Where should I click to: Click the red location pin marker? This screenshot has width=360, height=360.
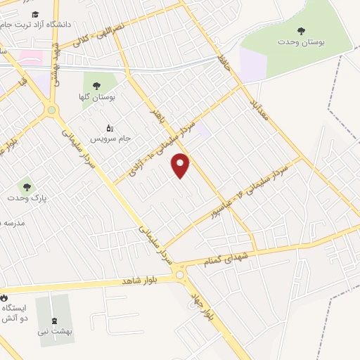[x=181, y=165]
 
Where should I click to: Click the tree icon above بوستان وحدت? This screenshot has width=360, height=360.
[x=301, y=31]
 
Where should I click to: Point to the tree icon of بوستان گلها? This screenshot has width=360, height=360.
[x=96, y=86]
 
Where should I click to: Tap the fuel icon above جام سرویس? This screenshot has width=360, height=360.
[x=109, y=128]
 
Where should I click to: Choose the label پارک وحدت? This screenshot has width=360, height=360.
[x=27, y=199]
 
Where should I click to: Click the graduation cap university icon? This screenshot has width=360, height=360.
[x=36, y=15]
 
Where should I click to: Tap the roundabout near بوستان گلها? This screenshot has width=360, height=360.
[x=51, y=110]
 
